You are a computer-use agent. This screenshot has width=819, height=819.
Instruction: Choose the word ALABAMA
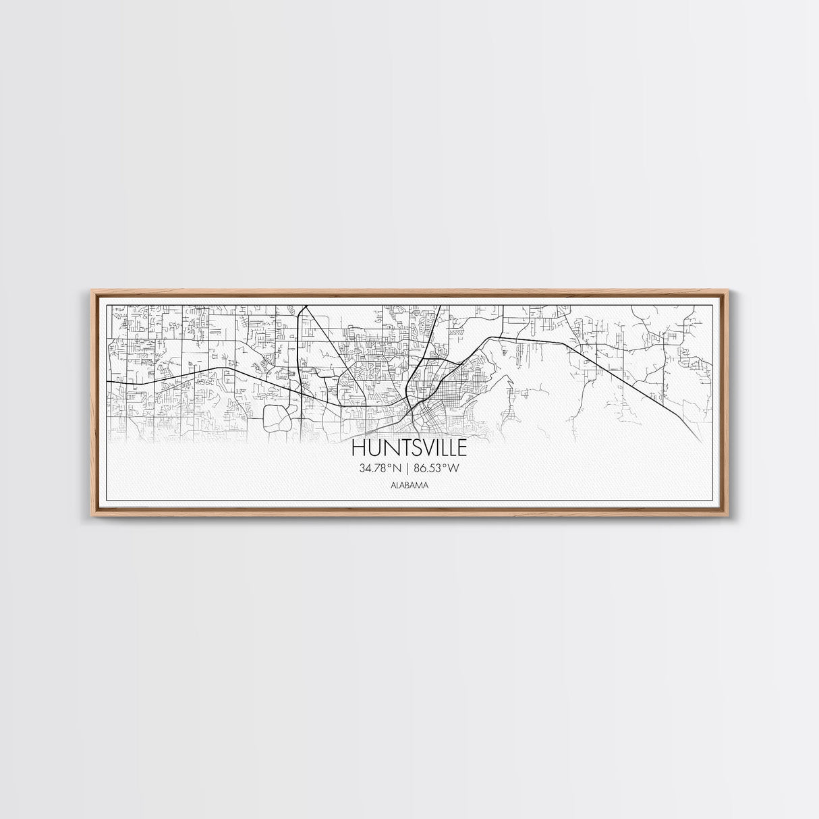[409, 484]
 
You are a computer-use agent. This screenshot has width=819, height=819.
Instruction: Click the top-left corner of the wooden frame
[92, 291]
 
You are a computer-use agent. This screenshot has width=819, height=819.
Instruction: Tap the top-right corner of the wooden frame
[727, 291]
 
